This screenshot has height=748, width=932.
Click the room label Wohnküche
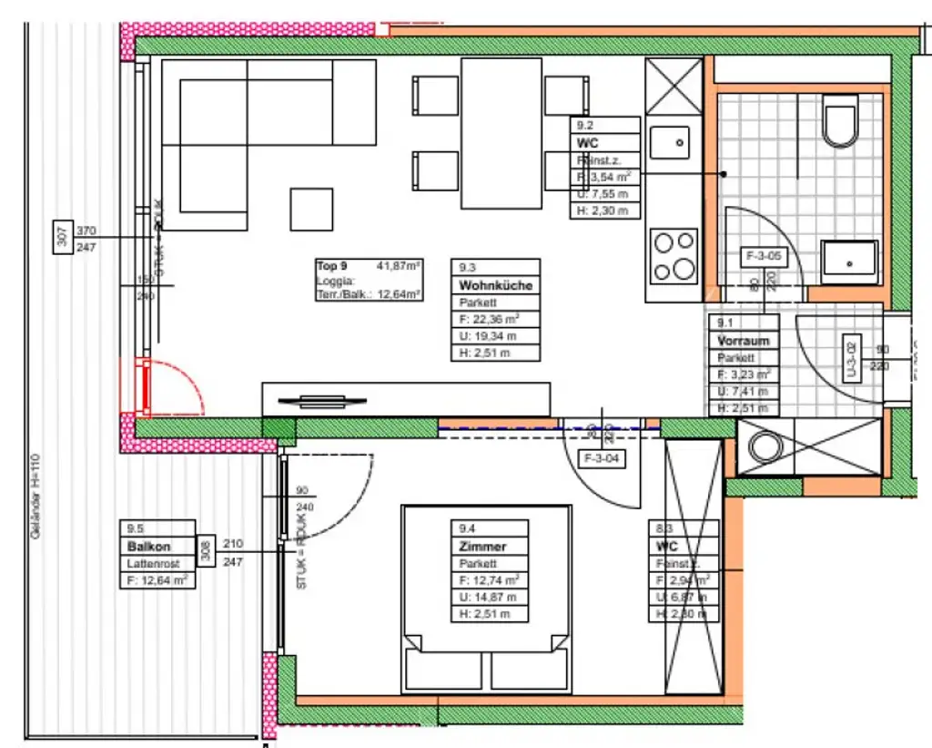[495, 285]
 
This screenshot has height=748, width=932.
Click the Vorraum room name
[743, 341]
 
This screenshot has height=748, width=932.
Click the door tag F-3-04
[603, 459]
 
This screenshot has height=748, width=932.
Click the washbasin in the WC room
[849, 262]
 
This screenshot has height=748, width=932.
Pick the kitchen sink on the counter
[674, 141]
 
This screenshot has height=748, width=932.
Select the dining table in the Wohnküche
[502, 133]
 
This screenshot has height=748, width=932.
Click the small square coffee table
[311, 209]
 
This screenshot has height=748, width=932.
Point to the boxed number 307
[62, 238]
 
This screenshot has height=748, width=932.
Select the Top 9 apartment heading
[332, 266]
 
